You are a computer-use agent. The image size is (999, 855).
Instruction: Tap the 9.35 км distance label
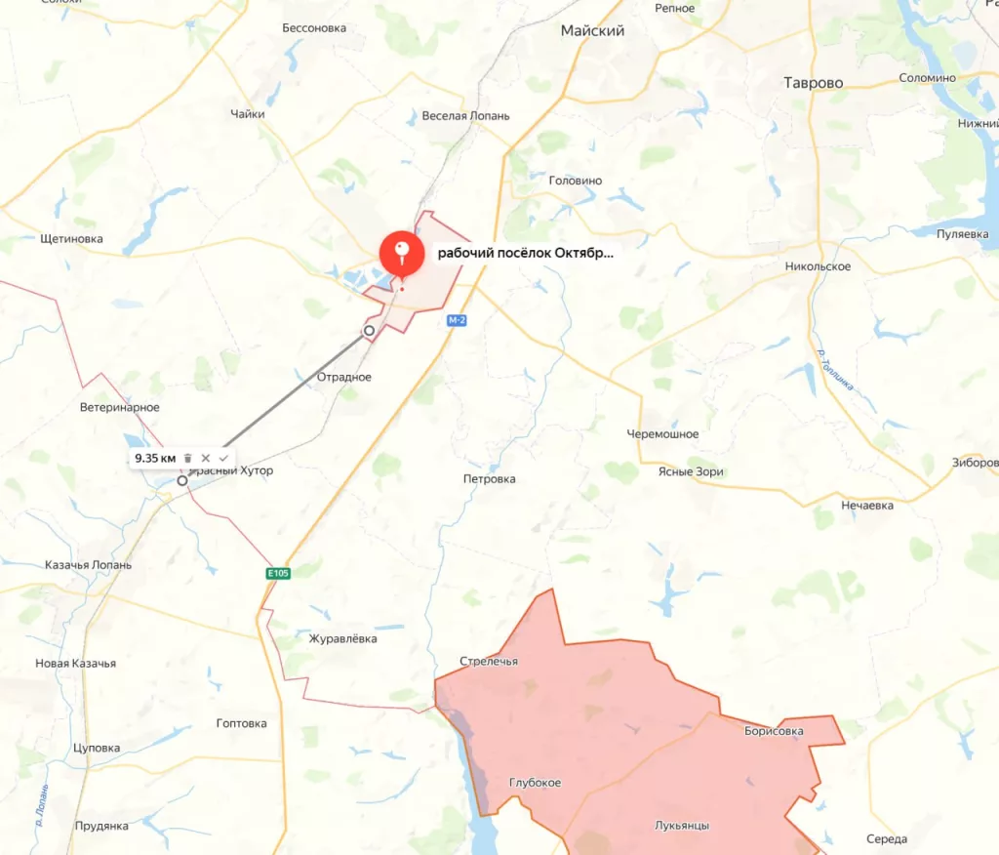[155, 458]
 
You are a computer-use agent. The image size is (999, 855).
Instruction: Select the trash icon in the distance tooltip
[188, 458]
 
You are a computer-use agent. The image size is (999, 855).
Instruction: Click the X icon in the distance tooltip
[206, 458]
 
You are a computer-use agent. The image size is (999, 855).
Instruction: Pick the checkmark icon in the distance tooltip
[223, 458]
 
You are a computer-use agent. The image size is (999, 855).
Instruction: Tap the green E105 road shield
[278, 573]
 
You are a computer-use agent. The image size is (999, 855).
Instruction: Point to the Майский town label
[592, 31]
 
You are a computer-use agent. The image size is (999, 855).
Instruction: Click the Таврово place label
[814, 83]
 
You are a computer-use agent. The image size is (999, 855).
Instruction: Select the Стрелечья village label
[489, 662]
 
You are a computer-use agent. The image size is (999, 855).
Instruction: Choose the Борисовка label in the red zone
[773, 730]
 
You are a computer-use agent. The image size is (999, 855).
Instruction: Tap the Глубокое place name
[535, 783]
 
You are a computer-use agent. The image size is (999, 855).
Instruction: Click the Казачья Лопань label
[89, 565]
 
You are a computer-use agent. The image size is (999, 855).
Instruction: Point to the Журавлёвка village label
[341, 639]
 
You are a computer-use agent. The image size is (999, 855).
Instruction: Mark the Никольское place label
[818, 266]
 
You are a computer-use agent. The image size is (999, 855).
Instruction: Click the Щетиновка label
[72, 239]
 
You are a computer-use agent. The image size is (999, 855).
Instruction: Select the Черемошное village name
[662, 434]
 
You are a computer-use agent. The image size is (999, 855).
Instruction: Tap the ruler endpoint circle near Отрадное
[369, 331]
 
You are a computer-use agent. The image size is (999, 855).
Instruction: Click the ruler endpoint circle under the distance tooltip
[182, 480]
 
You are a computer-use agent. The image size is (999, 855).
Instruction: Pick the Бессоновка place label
[314, 28]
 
